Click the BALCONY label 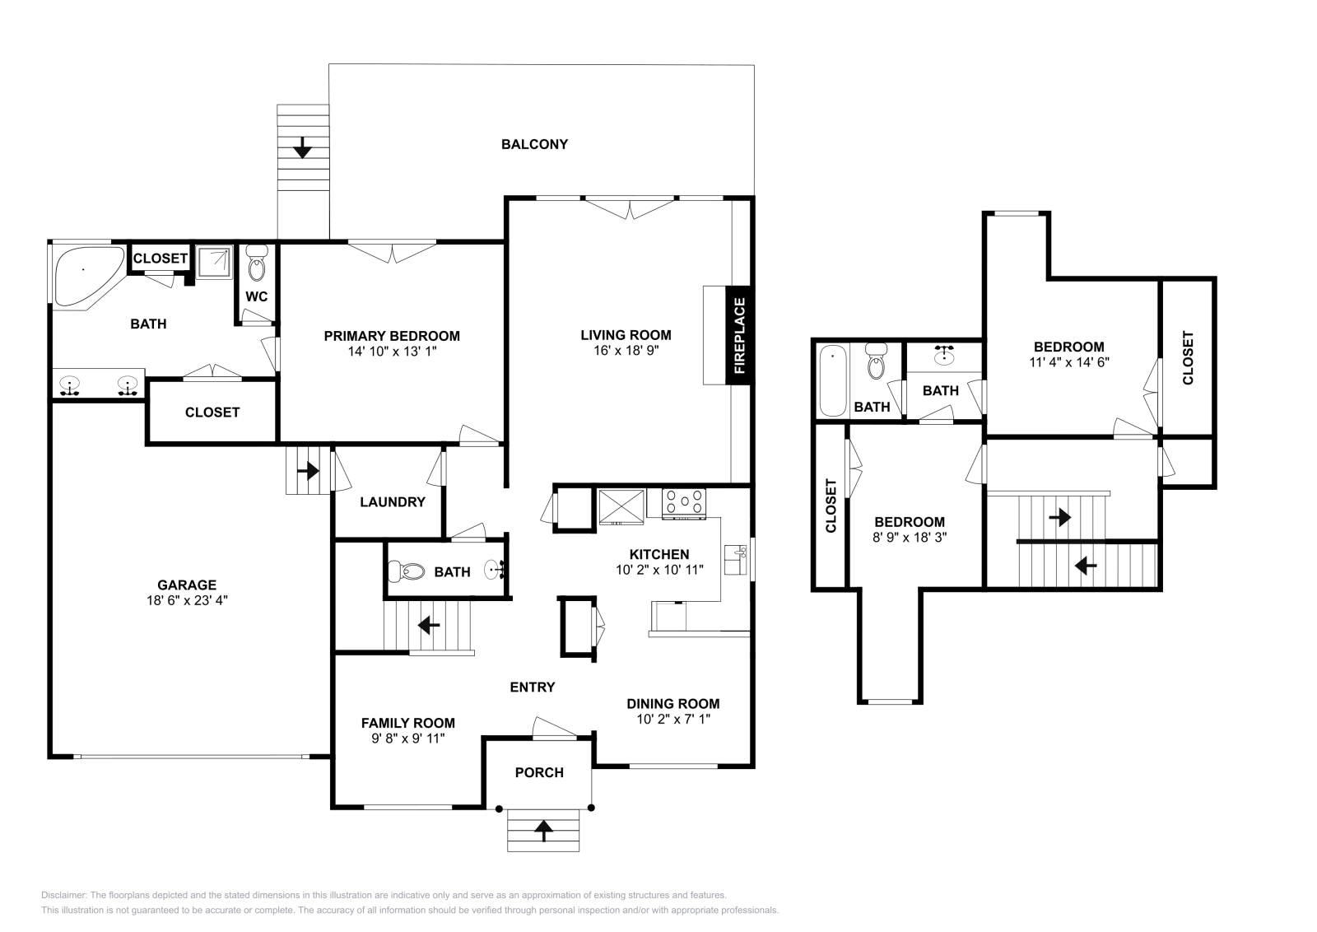point(534,144)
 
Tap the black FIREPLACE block point(738,335)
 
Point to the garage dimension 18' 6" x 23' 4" point(188,600)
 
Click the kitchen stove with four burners point(684,503)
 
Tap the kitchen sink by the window point(733,559)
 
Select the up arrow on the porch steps point(543,830)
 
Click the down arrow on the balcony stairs point(302,148)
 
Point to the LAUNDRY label point(392,501)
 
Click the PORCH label point(539,772)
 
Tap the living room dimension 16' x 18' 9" point(626,350)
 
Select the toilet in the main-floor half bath point(407,571)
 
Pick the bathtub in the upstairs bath point(833,380)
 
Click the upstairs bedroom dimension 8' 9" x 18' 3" point(909,537)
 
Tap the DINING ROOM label point(672,703)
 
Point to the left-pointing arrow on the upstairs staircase point(1086,566)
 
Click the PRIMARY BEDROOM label point(391,336)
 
